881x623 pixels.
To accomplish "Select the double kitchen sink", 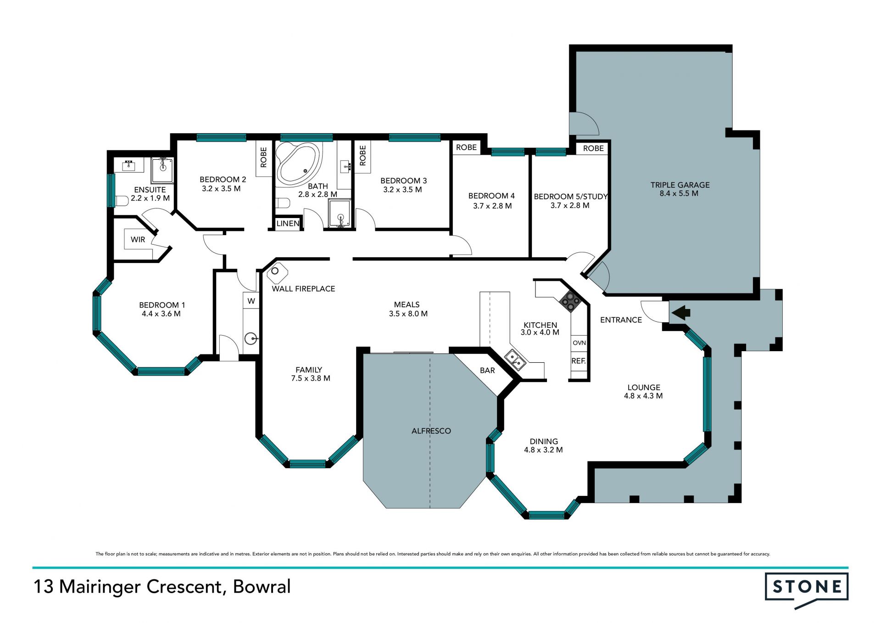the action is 515,359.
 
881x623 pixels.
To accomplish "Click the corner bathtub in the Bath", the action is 298,164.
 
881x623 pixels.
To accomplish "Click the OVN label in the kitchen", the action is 580,343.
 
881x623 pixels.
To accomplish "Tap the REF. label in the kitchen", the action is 579,361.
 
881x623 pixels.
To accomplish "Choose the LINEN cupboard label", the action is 288,224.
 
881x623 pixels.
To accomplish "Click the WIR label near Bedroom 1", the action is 138,240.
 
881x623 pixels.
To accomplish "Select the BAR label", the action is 487,370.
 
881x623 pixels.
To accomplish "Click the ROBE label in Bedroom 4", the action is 466,147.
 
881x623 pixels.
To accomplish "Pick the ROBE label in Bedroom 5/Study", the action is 593,148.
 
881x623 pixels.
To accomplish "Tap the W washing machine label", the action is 251,301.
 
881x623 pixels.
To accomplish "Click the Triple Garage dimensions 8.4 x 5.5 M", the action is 679,194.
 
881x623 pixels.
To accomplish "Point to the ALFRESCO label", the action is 431,431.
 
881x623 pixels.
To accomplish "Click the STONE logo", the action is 807,590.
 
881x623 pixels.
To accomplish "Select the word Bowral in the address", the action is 262,587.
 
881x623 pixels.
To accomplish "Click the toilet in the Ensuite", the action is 121,201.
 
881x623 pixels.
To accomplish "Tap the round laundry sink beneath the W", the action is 251,339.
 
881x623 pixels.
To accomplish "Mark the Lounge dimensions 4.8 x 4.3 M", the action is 643,396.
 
